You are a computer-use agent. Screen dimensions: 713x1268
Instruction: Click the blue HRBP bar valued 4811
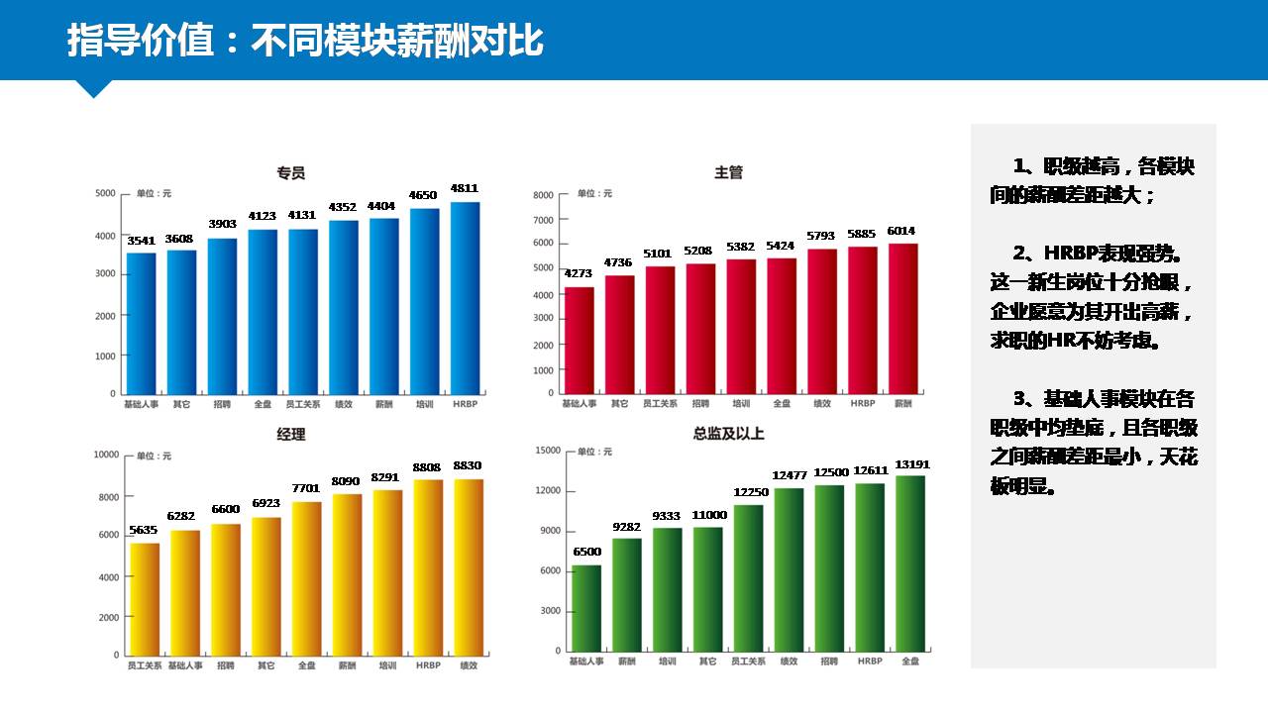(465, 297)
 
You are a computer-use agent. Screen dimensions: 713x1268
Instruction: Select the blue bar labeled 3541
(141, 323)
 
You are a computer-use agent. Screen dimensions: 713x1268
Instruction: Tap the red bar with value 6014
(902, 318)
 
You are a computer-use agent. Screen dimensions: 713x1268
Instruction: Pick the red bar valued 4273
(579, 340)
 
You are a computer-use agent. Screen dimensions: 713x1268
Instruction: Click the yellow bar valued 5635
(145, 598)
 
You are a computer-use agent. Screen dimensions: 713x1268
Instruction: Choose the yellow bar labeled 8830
(469, 566)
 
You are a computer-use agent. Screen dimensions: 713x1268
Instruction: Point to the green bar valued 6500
(585, 607)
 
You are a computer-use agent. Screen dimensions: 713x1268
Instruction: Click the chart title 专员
(290, 173)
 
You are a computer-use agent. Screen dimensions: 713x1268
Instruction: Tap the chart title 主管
(728, 173)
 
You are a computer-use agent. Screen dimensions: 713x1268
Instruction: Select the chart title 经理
(290, 435)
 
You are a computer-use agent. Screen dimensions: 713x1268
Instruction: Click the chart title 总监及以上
(728, 434)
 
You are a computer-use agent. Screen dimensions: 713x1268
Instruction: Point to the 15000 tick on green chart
(547, 451)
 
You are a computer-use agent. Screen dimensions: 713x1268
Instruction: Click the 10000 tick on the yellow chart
(105, 455)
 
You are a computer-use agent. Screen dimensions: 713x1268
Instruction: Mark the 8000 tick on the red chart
(543, 195)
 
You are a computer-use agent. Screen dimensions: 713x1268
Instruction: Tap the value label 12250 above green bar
(748, 492)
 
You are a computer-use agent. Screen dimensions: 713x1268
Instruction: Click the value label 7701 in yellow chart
(306, 488)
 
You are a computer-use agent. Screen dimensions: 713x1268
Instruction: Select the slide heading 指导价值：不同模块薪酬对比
(305, 42)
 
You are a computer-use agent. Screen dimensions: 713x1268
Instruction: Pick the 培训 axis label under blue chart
(424, 404)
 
